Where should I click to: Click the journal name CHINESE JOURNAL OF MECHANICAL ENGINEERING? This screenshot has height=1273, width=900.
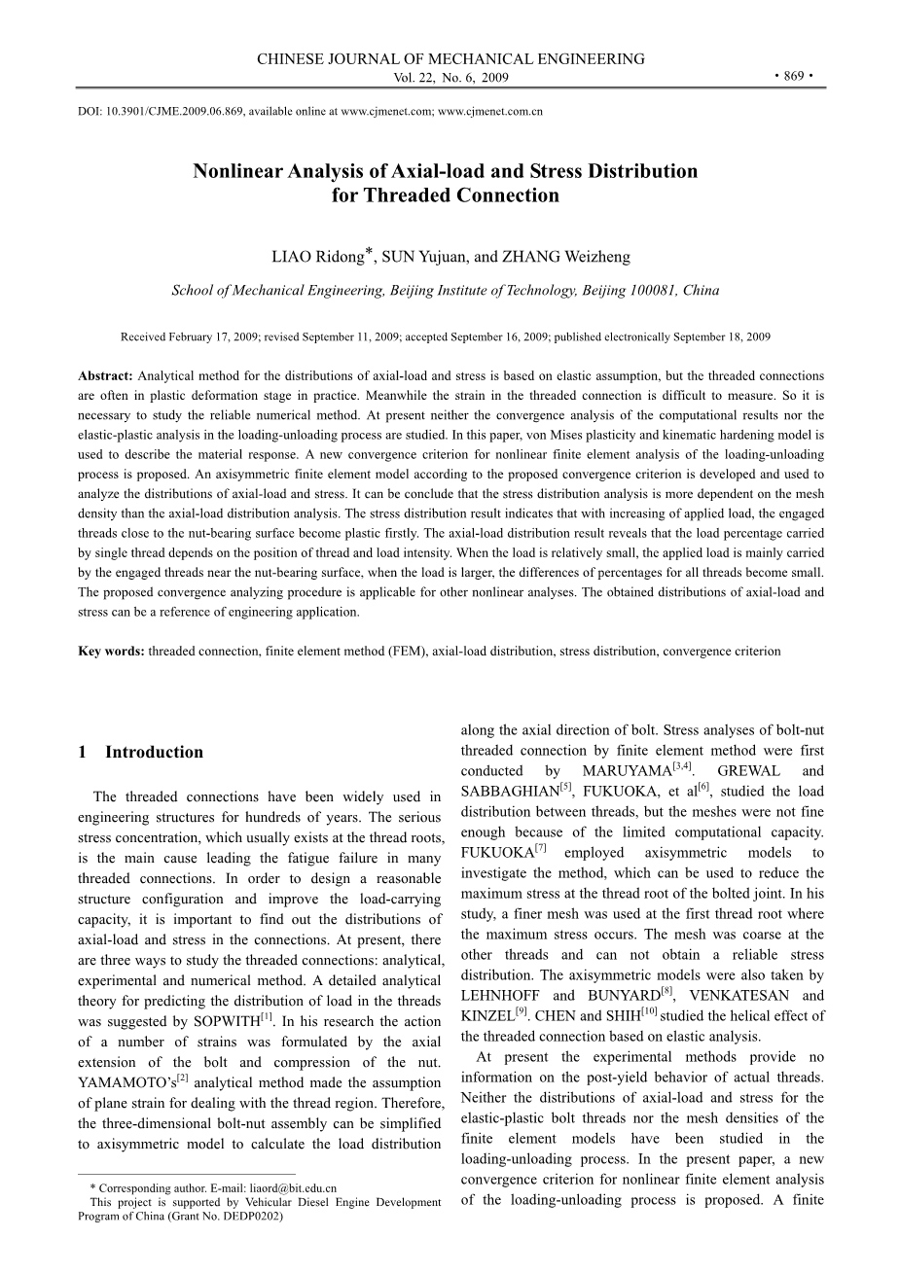(450, 59)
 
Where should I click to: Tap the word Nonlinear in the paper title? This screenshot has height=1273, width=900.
(236, 172)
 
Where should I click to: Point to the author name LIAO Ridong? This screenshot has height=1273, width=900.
(317, 258)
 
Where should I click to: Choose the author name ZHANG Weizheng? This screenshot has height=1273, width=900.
(566, 258)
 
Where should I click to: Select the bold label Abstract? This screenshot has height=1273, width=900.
(106, 375)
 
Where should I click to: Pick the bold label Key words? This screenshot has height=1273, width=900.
(111, 652)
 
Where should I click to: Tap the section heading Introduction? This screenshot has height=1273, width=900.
(154, 752)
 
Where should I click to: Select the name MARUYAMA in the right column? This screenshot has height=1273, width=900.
(626, 772)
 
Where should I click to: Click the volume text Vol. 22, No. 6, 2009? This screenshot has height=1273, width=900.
(450, 78)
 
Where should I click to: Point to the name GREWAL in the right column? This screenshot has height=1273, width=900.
(749, 772)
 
